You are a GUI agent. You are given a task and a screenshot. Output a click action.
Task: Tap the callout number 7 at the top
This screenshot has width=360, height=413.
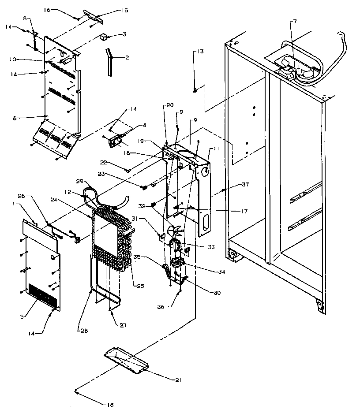point(295,22)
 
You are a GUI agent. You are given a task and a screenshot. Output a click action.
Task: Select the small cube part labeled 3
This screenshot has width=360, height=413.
point(103,37)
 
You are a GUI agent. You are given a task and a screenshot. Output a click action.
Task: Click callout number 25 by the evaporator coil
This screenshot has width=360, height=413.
point(140,286)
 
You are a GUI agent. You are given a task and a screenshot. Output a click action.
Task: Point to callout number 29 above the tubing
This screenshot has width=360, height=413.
point(80,182)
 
